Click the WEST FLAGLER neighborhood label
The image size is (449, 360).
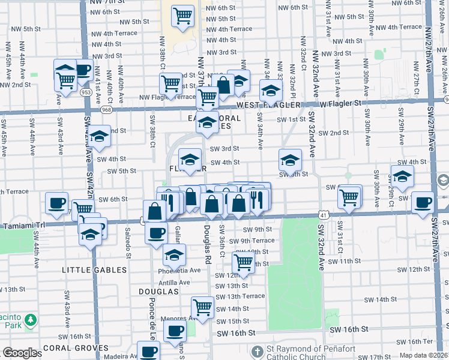coord(268,105)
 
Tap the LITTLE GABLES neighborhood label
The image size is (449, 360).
coord(94,270)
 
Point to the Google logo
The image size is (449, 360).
coord(20,353)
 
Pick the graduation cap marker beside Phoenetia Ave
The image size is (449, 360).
coord(174,254)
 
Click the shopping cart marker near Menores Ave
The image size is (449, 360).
coord(203,307)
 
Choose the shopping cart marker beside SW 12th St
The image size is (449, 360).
coord(243,262)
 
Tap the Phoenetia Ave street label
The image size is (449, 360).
coord(178,270)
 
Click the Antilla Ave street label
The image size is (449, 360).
coord(174,282)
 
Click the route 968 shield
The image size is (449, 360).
coord(106,110)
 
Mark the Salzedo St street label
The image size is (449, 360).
coord(128,239)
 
